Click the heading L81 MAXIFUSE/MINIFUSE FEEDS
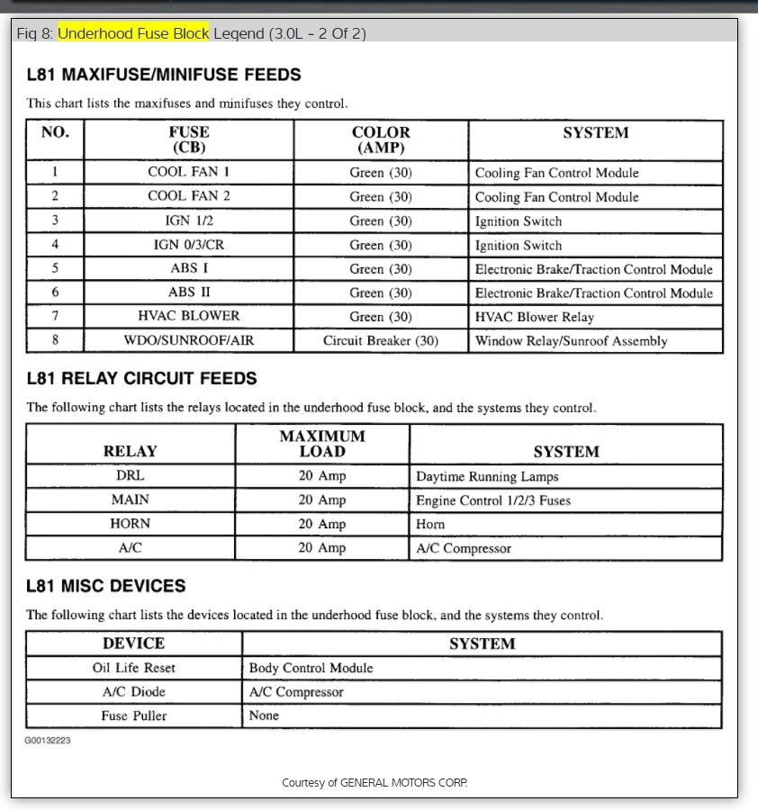coord(164,75)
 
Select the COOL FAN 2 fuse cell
coord(189,196)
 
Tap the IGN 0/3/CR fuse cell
coord(189,245)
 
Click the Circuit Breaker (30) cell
coord(381,341)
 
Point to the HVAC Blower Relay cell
coord(535,317)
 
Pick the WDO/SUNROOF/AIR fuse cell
coord(189,341)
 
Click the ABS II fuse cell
coord(189,292)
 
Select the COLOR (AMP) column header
coord(381,139)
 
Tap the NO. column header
coord(55,132)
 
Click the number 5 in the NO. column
coord(55,268)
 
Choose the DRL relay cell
coord(131,476)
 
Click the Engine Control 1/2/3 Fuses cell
coord(493,500)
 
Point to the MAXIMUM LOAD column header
coord(322,444)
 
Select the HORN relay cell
coord(131,524)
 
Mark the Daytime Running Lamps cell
coord(487,477)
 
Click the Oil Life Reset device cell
coord(134,668)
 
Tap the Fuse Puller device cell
coord(134,715)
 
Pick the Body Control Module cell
coord(311,668)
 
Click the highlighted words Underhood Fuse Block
coord(133,34)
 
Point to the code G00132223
coord(48,740)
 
